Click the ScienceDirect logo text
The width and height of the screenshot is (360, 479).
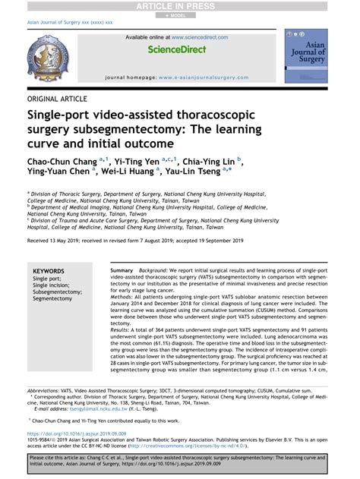[x=176, y=49]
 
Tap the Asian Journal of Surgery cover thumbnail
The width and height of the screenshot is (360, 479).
[x=305, y=56]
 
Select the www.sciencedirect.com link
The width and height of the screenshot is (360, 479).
[x=199, y=36]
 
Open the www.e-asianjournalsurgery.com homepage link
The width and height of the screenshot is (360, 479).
[x=204, y=77]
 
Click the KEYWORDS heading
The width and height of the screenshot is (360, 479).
[x=49, y=271]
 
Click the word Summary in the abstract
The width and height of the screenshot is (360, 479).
[x=122, y=271]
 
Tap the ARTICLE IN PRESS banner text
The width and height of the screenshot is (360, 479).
[x=179, y=6]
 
